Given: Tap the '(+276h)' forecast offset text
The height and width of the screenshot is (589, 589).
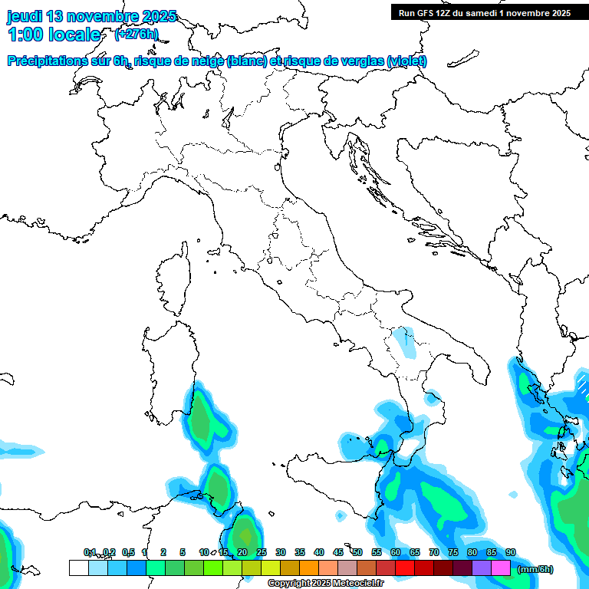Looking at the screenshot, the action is coord(137,34).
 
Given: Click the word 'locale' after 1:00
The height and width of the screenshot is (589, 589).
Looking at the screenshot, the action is coord(73,35).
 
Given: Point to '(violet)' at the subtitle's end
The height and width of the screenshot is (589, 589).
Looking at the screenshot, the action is coord(407,61).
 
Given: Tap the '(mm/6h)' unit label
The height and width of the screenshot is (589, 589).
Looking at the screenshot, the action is coord(535,569).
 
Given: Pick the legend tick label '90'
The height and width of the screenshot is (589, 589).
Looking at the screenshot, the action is coord(511,552).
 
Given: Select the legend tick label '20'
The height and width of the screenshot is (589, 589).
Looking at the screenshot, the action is coord(242,552).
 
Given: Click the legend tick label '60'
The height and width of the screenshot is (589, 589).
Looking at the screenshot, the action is coord(396,552).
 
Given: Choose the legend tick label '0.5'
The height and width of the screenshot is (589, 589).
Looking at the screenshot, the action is coord(127,552).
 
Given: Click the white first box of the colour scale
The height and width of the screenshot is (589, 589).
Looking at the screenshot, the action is coord(78,568).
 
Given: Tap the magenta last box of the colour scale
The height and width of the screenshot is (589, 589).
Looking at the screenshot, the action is coord(501,568).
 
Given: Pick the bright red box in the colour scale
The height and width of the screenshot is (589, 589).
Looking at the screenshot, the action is coord(405,568).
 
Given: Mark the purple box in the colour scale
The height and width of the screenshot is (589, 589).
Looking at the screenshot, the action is coord(482,568).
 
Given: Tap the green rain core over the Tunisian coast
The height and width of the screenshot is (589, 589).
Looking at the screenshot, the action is coord(245,532).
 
